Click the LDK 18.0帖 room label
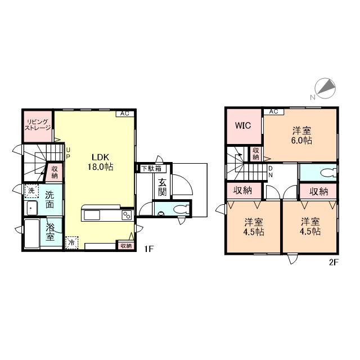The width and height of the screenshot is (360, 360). point(100,162)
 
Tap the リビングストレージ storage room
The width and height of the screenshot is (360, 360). point(38,127)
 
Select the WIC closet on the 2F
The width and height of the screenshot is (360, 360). point(244,127)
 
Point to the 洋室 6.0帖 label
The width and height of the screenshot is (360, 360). point(301,136)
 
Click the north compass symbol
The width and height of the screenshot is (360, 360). point(325,89)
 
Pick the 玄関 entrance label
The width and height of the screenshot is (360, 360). point(163,187)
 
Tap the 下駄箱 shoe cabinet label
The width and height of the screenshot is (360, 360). point(151,169)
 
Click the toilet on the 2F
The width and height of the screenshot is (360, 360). point(327,173)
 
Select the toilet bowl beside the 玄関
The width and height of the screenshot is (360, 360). point(181,209)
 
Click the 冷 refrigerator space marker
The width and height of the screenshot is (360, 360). point(71,242)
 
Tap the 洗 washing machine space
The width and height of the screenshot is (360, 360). point(31,191)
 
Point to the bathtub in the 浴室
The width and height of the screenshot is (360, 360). point(32,234)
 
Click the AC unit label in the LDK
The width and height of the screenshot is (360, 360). point(125,114)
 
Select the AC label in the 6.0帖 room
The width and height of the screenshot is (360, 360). point(274,111)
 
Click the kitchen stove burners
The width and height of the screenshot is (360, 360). point(127,215)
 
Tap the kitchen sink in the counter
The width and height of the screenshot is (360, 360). point(92,215)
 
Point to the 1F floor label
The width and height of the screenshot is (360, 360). point(148,249)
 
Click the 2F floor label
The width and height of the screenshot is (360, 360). point(334,263)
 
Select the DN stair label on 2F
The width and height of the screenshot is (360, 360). point(271,172)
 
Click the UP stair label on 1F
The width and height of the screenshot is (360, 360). point(68,153)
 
